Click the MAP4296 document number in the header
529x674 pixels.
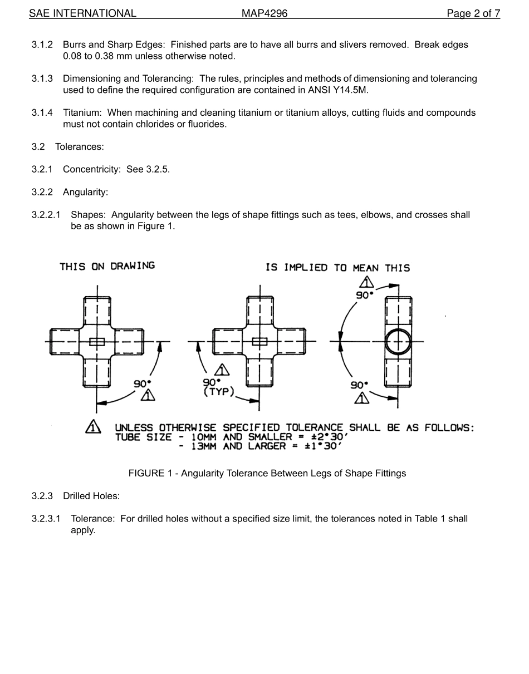click(264, 13)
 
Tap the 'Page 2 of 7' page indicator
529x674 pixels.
click(473, 13)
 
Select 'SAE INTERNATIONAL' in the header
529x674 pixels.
click(82, 13)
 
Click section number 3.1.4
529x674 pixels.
click(42, 113)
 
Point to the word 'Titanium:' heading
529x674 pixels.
click(82, 113)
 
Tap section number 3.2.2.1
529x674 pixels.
click(46, 215)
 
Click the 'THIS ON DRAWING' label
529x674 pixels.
click(107, 266)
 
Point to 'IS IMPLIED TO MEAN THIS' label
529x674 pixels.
click(337, 268)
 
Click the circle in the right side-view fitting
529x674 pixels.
click(398, 341)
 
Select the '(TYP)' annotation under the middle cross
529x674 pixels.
click(219, 392)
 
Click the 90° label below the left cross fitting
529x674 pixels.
click(142, 384)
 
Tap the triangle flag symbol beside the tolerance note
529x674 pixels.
click(93, 427)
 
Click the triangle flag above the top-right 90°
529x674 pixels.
click(366, 282)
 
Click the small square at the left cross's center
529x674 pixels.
click(97, 341)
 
